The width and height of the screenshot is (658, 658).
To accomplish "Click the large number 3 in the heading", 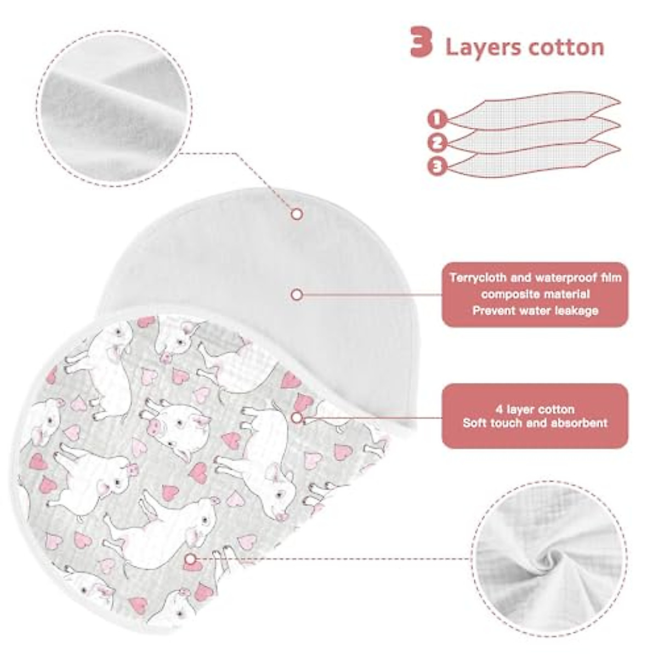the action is click(x=422, y=44).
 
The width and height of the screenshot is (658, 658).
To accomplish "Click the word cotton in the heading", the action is click(x=565, y=47).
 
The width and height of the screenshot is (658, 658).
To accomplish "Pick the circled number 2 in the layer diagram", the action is click(x=437, y=143).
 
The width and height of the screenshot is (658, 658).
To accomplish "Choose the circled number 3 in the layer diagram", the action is click(x=437, y=167).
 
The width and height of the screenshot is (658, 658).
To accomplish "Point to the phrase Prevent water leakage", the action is click(x=535, y=310).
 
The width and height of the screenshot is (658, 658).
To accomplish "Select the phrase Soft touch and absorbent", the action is click(x=535, y=423).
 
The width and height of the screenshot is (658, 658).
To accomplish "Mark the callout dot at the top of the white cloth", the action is click(x=297, y=214).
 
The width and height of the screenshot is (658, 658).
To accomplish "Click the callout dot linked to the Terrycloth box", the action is click(x=297, y=295).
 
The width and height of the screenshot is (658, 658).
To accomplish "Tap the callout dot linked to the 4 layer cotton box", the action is click(x=297, y=418).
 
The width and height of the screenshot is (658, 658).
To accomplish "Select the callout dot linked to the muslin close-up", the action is click(x=190, y=559).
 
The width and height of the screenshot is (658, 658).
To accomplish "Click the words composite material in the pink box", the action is click(x=535, y=294).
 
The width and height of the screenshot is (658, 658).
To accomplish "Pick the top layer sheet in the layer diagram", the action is click(x=537, y=112).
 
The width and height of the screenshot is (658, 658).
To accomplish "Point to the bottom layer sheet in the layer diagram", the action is click(x=537, y=159).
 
